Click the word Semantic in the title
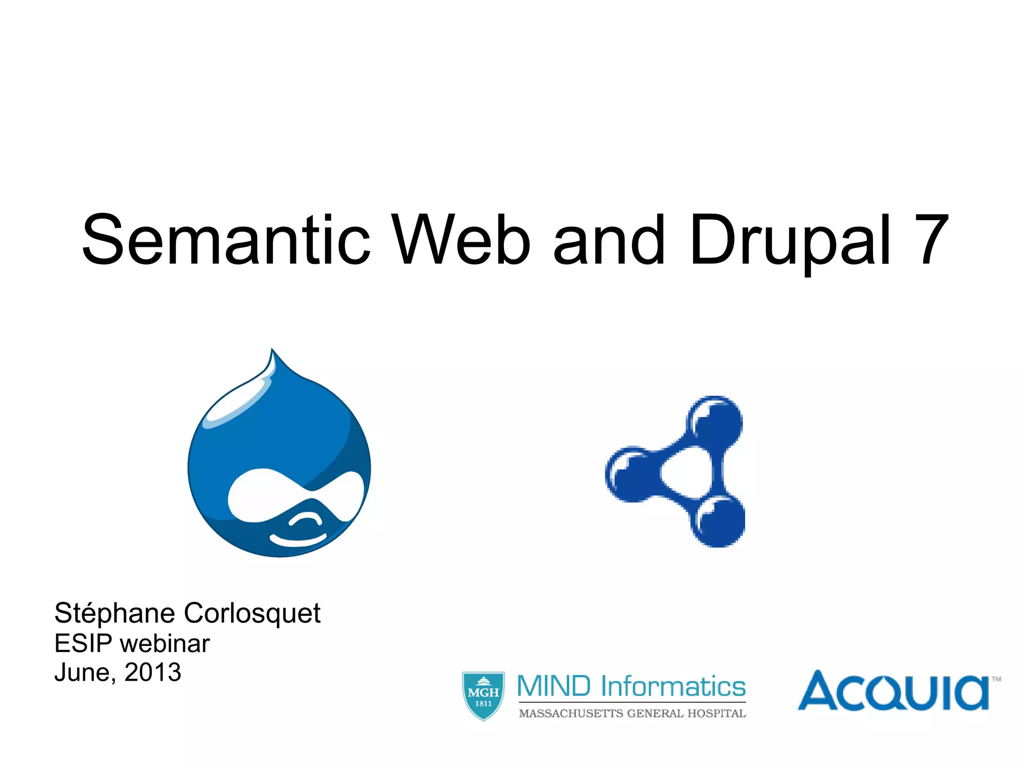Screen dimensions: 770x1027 (x=226, y=240)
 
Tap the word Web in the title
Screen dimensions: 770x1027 (x=460, y=240)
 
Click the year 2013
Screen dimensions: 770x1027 (x=152, y=672)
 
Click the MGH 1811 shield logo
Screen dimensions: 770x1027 (x=483, y=696)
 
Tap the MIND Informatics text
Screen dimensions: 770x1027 (x=631, y=686)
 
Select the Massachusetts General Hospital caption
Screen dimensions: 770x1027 (x=632, y=713)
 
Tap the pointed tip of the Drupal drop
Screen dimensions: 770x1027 (x=272, y=351)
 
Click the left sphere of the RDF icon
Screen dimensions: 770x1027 (x=631, y=474)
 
